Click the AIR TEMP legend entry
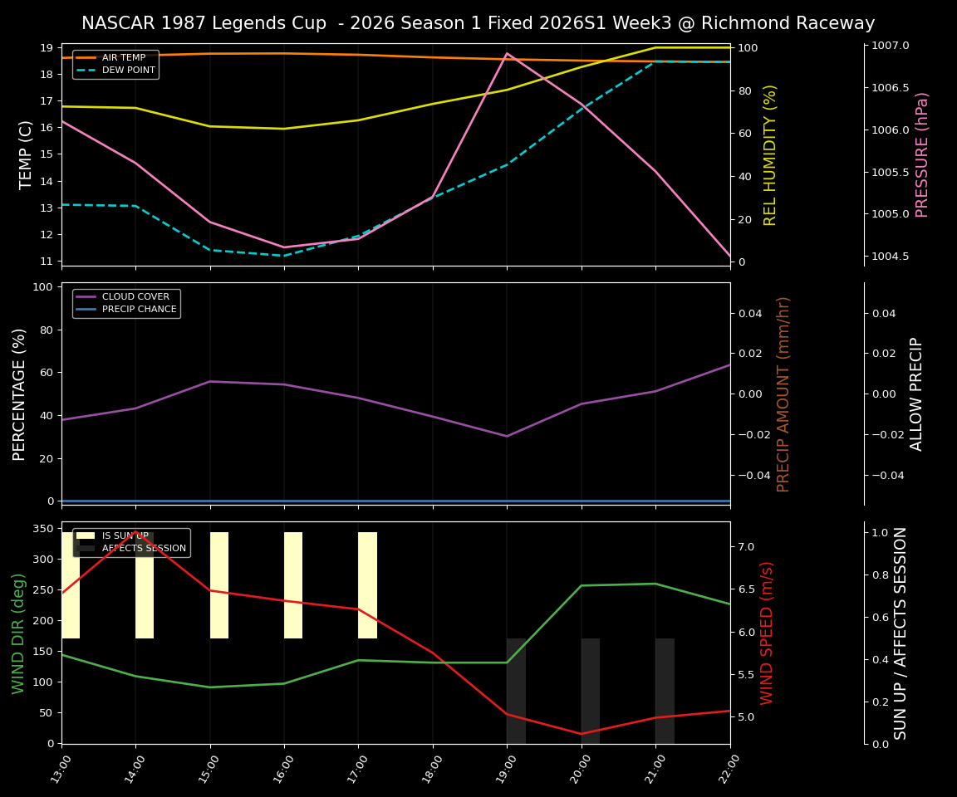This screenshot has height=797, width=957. (123, 57)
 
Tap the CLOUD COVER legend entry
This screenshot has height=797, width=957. (135, 296)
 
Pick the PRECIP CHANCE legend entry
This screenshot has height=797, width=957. (139, 310)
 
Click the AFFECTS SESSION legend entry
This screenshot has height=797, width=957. (143, 548)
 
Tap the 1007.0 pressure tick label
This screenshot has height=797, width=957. (891, 46)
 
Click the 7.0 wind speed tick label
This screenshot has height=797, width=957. (745, 547)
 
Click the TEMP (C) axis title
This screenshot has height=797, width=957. (26, 154)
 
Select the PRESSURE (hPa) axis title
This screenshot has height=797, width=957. (922, 154)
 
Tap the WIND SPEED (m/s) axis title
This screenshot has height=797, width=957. (767, 633)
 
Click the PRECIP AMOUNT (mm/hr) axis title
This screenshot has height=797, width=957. (783, 394)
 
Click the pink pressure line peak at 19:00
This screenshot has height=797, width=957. (507, 53)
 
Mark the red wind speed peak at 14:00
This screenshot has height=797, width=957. (135, 532)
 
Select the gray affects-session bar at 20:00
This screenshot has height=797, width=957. (591, 691)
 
